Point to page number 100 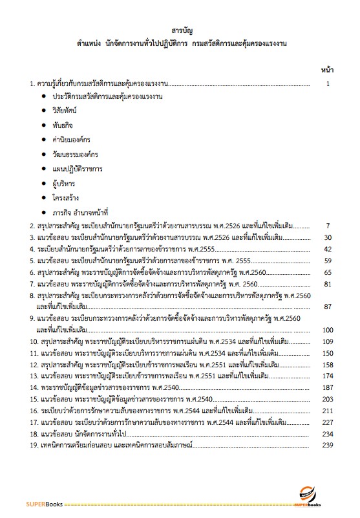[x=327, y=330]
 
